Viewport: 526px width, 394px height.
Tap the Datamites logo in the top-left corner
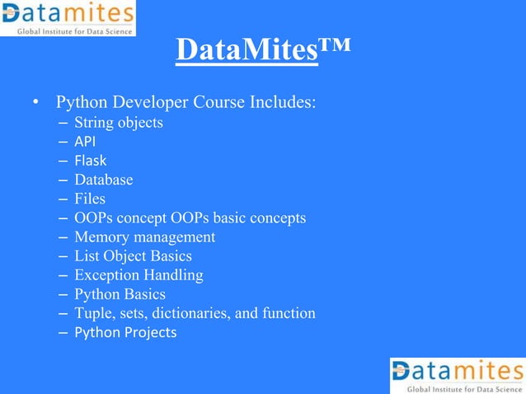pyautogui.click(x=68, y=18)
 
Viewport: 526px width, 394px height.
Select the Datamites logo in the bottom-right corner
pyautogui.click(x=457, y=376)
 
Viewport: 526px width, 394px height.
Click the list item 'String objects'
pyautogui.click(x=118, y=123)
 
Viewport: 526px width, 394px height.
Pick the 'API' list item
pyautogui.click(x=85, y=142)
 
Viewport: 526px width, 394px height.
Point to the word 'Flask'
pyautogui.click(x=90, y=161)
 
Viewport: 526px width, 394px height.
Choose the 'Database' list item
pyautogui.click(x=103, y=180)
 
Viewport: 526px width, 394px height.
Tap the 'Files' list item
pyautogui.click(x=90, y=199)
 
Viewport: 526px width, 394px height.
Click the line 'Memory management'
pyautogui.click(x=144, y=237)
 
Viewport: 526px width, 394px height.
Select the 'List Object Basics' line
pyautogui.click(x=133, y=256)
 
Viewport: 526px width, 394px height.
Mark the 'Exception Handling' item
pyautogui.click(x=139, y=274)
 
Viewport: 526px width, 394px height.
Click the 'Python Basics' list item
pyautogui.click(x=120, y=293)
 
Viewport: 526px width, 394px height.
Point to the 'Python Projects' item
pyautogui.click(x=125, y=332)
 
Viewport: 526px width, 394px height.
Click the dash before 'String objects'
pyautogui.click(x=63, y=124)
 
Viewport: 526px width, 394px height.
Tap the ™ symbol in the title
pyautogui.click(x=335, y=45)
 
